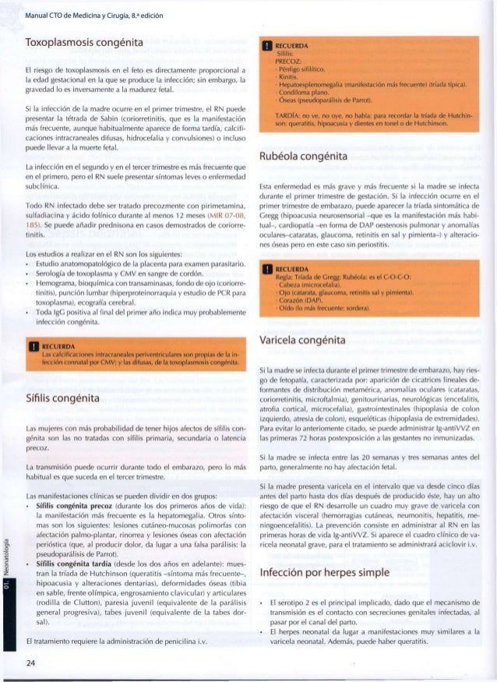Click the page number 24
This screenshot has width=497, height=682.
pyautogui.click(x=33, y=664)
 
